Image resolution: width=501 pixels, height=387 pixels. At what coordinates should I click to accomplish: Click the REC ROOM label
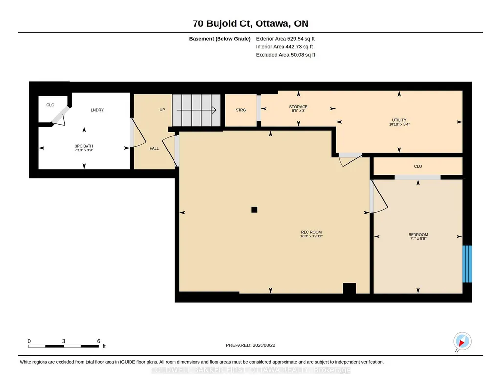click(311, 232)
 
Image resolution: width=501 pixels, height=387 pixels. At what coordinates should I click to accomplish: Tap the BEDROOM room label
click(418, 235)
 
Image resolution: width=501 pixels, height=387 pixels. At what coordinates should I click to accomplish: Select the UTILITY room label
click(399, 120)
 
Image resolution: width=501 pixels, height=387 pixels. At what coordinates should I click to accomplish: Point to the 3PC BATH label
click(84, 146)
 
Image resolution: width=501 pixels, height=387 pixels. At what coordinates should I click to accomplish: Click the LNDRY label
click(97, 110)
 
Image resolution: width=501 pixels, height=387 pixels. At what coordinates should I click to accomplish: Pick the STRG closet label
click(240, 110)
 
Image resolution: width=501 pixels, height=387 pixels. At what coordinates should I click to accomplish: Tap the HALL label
click(154, 148)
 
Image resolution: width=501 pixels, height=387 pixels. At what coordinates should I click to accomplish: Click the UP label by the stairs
click(162, 110)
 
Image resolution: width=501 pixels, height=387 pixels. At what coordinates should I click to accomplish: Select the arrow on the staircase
click(196, 110)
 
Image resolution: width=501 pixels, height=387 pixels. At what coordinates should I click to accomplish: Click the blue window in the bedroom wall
click(467, 264)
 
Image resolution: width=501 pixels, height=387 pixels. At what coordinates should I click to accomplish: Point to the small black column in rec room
click(254, 210)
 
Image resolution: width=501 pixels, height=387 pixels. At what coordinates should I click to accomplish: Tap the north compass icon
click(462, 342)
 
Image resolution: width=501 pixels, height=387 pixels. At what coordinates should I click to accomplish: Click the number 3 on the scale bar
click(64, 341)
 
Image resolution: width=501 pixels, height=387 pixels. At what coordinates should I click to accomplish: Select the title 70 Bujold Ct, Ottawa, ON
click(250, 23)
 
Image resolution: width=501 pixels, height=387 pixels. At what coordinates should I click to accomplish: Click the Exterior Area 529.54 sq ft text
click(285, 39)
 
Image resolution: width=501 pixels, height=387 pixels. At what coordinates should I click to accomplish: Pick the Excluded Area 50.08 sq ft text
click(285, 55)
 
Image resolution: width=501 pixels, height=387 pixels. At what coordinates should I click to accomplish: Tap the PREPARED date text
click(250, 345)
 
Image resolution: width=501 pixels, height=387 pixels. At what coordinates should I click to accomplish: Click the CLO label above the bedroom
click(418, 166)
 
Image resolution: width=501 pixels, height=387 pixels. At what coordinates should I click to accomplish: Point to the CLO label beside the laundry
click(50, 105)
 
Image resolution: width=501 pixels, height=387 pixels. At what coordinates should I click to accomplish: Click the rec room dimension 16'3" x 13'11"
click(311, 236)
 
